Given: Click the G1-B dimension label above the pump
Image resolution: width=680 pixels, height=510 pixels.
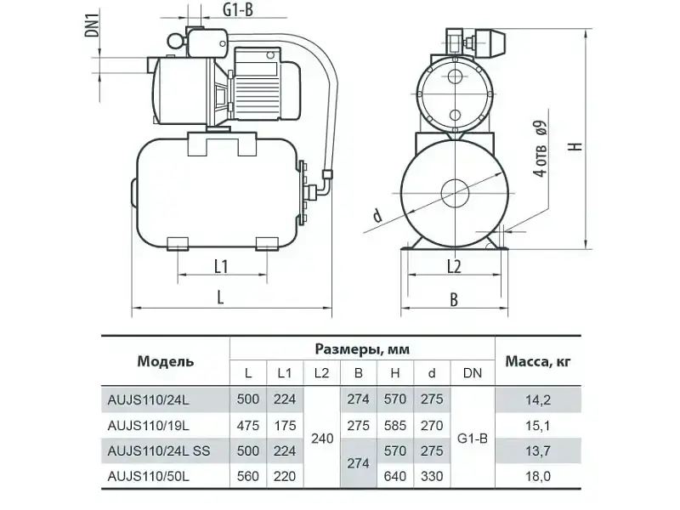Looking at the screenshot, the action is click(x=238, y=9).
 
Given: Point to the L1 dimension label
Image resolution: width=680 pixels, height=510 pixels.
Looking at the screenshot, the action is click(x=221, y=266).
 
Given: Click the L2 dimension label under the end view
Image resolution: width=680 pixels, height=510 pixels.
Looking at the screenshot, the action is click(x=454, y=266).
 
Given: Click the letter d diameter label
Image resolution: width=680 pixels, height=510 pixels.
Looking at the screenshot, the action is click(x=377, y=215).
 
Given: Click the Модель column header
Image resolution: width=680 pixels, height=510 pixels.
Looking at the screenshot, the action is click(x=165, y=361).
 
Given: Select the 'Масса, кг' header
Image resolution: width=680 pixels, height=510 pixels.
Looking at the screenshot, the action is click(x=538, y=361).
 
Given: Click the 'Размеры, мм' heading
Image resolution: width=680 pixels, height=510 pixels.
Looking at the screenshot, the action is click(x=362, y=349).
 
